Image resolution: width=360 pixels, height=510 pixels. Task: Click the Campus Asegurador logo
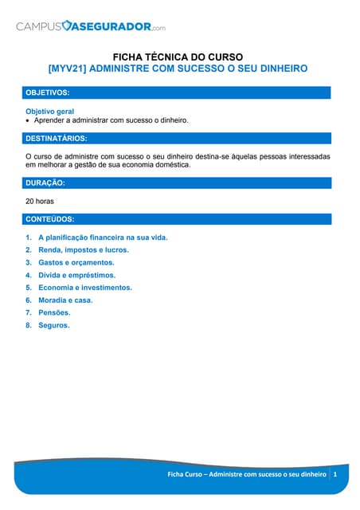click(x=91, y=26)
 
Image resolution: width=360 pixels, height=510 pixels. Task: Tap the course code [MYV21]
click(x=67, y=69)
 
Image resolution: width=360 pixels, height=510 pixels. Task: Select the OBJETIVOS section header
click(x=48, y=93)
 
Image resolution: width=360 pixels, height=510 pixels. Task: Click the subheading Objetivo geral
click(x=50, y=111)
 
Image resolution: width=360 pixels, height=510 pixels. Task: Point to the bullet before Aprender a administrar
click(x=28, y=120)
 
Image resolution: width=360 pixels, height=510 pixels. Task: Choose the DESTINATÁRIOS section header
click(x=57, y=139)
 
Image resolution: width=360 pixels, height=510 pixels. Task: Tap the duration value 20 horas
click(x=40, y=201)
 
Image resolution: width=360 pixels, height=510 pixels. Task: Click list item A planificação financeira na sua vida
click(x=103, y=237)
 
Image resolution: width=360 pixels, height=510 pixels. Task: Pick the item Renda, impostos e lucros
click(x=83, y=249)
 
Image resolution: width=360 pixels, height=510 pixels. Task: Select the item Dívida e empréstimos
click(x=76, y=275)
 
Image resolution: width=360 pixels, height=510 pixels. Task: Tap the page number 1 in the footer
click(x=336, y=474)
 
